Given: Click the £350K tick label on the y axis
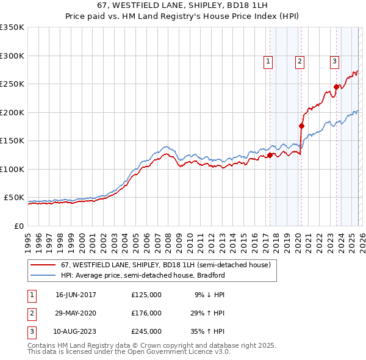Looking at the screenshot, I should pyautogui.click(x=12, y=27).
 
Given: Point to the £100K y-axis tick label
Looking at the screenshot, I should pyautogui.click(x=12, y=169).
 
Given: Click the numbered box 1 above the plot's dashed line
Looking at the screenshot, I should pyautogui.click(x=268, y=60).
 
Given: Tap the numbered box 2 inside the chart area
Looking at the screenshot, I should pyautogui.click(x=300, y=60).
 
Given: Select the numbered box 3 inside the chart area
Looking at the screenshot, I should pyautogui.click(x=335, y=60).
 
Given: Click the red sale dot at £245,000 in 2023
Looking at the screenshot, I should pyautogui.click(x=336, y=87).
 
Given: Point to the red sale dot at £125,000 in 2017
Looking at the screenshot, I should pyautogui.click(x=270, y=155).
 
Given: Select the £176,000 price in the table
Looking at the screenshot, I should pyautogui.click(x=146, y=313).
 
